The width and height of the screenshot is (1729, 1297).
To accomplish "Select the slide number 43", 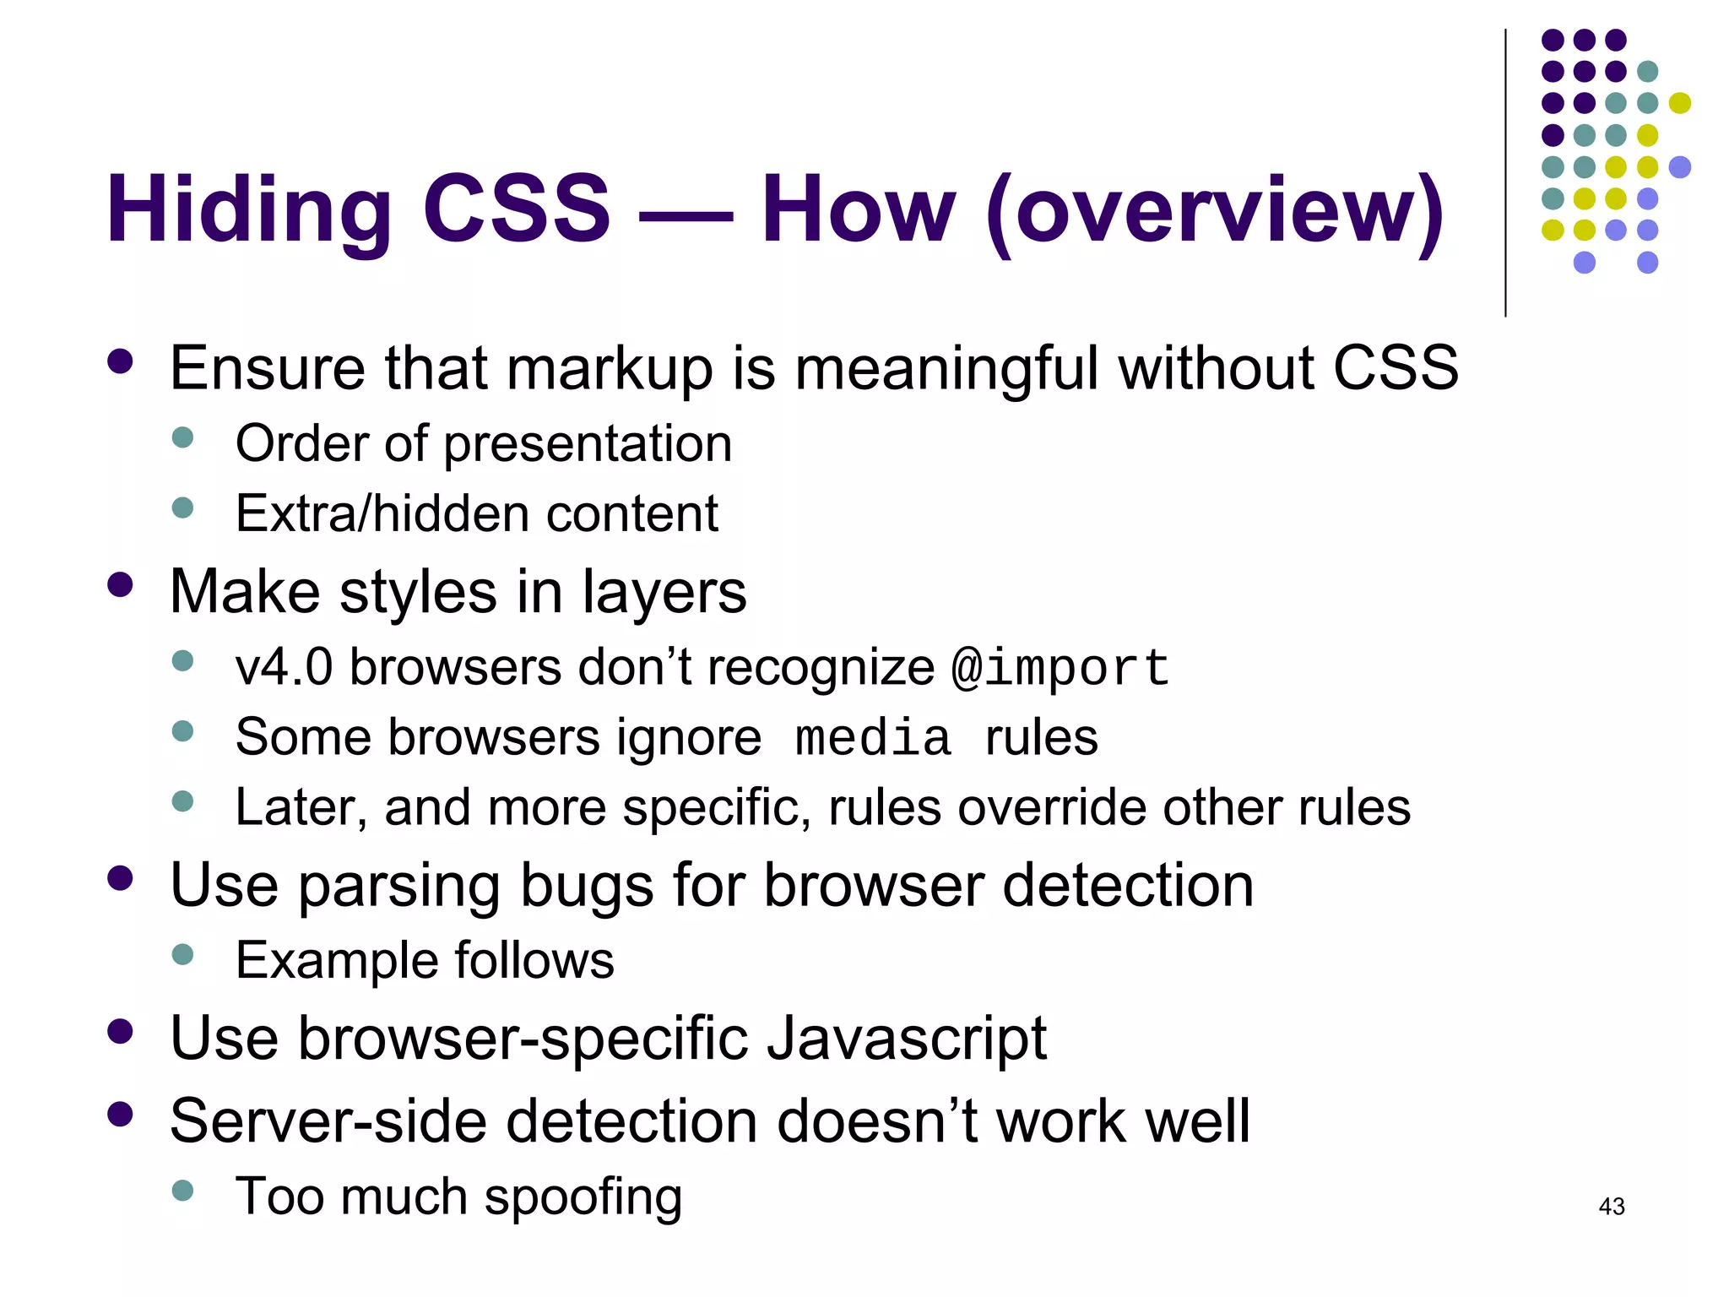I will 1611,1207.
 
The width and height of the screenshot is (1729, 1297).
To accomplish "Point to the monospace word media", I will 873,739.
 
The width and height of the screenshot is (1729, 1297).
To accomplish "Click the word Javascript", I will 907,1039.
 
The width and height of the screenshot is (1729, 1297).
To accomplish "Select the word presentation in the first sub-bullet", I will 588,445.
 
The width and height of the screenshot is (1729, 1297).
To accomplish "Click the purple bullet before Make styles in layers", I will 121,585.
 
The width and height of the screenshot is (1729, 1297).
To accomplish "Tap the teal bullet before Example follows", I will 182,955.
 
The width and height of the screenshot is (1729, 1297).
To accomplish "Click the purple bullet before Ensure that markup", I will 121,361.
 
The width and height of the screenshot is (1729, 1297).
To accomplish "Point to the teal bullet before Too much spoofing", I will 182,1191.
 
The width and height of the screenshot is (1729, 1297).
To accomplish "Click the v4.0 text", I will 284,668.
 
